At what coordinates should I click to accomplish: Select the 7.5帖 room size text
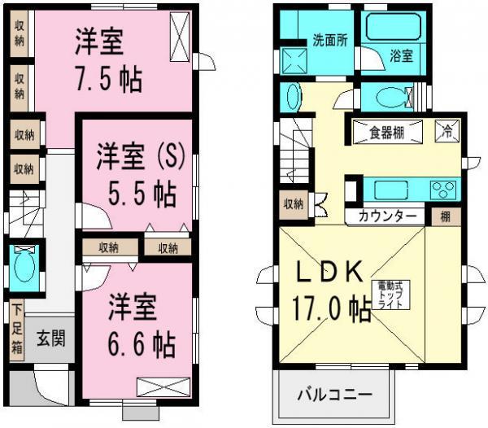pyautogui.click(x=108, y=80)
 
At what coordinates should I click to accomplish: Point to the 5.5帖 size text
pyautogui.click(x=141, y=194)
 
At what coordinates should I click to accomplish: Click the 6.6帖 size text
pyautogui.click(x=141, y=346)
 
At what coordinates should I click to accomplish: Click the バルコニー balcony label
pyautogui.click(x=334, y=394)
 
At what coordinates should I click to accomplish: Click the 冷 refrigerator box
pyautogui.click(x=447, y=129)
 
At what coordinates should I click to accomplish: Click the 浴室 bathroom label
pyautogui.click(x=401, y=57)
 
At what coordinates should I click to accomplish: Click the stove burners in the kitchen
pyautogui.click(x=445, y=190)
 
